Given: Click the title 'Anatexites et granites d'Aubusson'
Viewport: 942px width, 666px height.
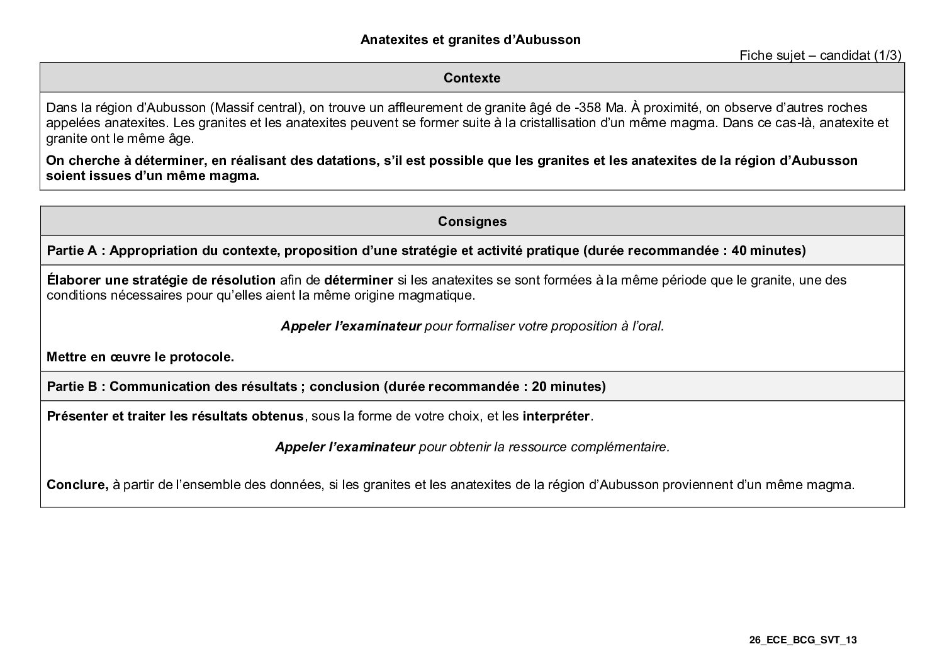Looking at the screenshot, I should pos(470,40).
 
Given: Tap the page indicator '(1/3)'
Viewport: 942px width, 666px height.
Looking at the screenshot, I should pos(888,55).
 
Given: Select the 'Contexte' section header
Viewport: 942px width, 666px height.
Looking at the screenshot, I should pos(472,78).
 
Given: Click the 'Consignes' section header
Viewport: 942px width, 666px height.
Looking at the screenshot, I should pos(472,222).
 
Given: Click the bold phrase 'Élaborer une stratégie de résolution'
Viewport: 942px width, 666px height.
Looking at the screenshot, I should pos(161,280).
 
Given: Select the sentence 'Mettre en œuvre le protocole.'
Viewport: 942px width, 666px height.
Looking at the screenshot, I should pos(140,357).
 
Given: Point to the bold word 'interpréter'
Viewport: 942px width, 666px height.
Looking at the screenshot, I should pos(556,417).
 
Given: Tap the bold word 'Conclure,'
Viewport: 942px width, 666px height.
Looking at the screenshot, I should pos(77,485).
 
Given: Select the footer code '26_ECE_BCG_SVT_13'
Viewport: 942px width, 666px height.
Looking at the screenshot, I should pos(803,640).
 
